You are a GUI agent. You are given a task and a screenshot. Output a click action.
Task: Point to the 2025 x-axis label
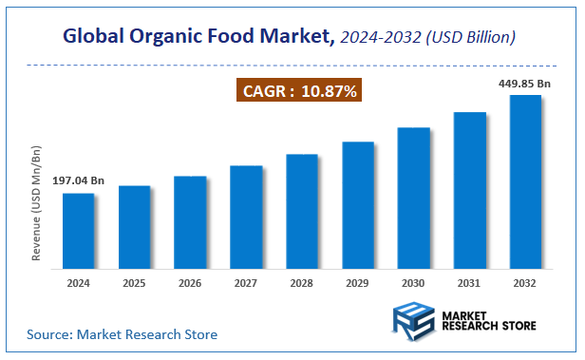click(x=134, y=283)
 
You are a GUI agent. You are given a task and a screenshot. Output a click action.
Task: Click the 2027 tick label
click(x=246, y=283)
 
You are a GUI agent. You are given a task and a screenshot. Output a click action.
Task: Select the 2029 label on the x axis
click(x=358, y=283)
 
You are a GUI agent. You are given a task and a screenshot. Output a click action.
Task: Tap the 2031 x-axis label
click(x=469, y=283)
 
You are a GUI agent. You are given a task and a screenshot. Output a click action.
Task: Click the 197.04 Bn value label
click(x=78, y=180)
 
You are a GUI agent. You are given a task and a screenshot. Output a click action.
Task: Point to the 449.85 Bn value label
click(x=524, y=84)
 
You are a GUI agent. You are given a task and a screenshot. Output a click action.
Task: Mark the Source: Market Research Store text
click(x=122, y=334)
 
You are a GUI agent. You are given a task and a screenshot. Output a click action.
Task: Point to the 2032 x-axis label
click(x=525, y=283)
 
